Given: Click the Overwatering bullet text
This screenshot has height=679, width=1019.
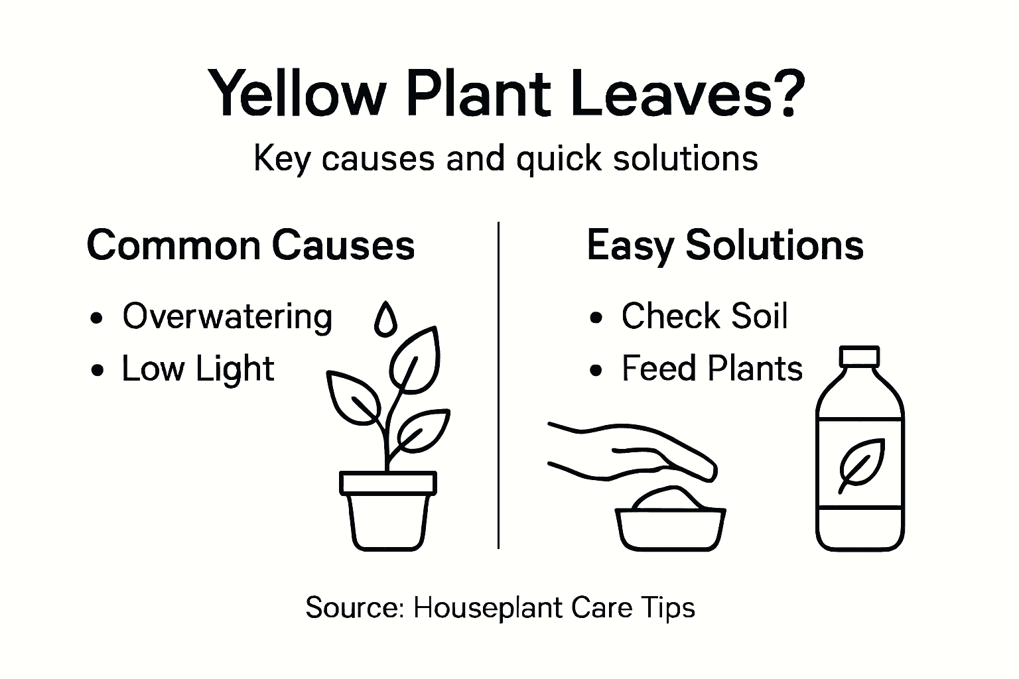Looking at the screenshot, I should (x=227, y=316).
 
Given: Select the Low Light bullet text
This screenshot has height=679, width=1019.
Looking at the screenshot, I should (x=198, y=369).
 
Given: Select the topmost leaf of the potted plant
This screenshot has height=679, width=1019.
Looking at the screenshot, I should (x=415, y=358).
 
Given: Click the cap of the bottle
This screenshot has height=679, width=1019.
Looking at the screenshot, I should (x=859, y=357).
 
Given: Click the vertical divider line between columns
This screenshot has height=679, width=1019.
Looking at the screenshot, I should (x=498, y=385).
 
